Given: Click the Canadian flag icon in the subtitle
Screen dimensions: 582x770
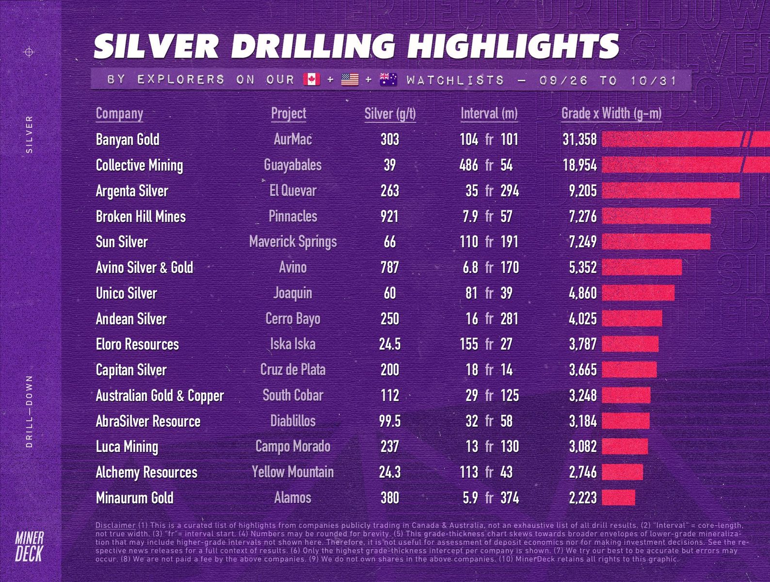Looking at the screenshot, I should coord(312,79).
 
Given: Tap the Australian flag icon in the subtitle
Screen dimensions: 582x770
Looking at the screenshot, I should coord(388,79).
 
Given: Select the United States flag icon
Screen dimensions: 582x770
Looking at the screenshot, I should coord(350,79).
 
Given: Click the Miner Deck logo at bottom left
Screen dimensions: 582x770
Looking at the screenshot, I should coord(29,546).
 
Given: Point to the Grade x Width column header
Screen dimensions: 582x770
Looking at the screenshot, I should coord(611,113).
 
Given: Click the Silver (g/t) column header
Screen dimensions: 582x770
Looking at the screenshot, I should coord(390,113).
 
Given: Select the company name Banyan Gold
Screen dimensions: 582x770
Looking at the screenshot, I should coord(128,140).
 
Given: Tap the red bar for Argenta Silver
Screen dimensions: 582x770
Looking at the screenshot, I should coord(671,191).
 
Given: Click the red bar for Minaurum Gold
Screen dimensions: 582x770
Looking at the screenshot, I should coord(618,498).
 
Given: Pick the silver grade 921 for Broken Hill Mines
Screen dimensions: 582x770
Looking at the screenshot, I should coord(389,216).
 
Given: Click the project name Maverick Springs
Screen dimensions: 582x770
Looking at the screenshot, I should coord(293,242).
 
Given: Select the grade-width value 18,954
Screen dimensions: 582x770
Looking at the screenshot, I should coord(579,165).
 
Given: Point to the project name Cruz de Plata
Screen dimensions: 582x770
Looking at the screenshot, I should coord(293,370).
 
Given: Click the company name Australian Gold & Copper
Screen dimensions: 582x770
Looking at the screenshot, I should coord(160,396).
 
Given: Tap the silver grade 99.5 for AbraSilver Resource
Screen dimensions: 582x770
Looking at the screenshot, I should coord(389,421).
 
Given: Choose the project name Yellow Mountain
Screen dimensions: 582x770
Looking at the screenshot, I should coord(293,472).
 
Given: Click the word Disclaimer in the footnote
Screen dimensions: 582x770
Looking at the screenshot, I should coord(115,525).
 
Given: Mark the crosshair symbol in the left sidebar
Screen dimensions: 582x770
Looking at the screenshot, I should coord(29,52).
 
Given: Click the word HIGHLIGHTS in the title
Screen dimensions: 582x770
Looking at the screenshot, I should coord(513,47).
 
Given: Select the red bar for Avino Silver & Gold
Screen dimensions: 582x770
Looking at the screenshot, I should coord(642,267).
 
